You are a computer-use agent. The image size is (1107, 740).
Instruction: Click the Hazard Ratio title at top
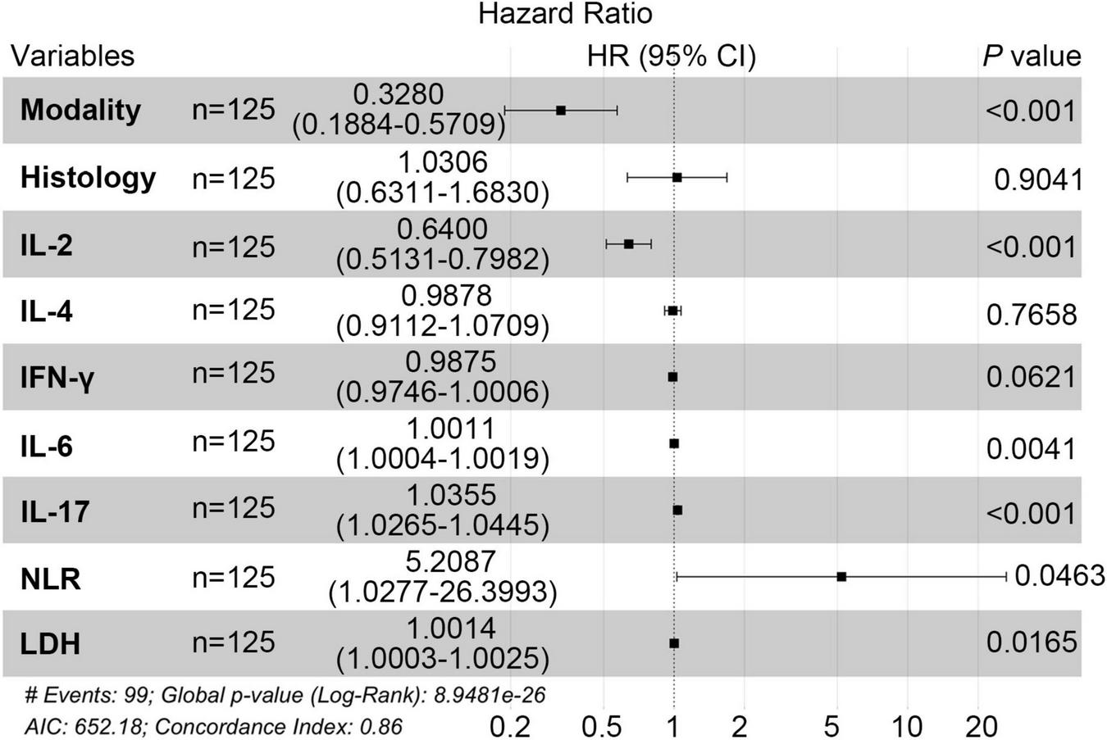565,14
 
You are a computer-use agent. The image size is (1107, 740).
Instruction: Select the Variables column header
72,56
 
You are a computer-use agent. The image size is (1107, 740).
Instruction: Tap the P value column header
1031,56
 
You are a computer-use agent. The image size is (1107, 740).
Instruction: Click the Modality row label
80,110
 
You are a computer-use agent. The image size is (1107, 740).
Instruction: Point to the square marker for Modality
561,110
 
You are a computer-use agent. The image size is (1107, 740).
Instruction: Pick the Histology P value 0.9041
1037,179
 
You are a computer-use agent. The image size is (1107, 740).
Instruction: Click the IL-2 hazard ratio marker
628,243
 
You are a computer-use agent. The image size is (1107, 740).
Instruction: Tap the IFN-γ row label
57,378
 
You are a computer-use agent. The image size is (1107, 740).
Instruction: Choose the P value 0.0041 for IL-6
1031,448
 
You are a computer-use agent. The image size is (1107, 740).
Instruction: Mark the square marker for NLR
841,577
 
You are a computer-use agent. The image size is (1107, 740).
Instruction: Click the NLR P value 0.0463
1059,576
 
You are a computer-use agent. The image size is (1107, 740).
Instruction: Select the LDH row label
50,644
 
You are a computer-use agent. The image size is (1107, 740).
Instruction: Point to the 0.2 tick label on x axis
510,726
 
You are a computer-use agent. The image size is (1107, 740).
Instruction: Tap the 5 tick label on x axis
832,726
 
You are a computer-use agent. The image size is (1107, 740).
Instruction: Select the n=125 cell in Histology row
234,178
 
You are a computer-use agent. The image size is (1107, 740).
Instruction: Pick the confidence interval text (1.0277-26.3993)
442,592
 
